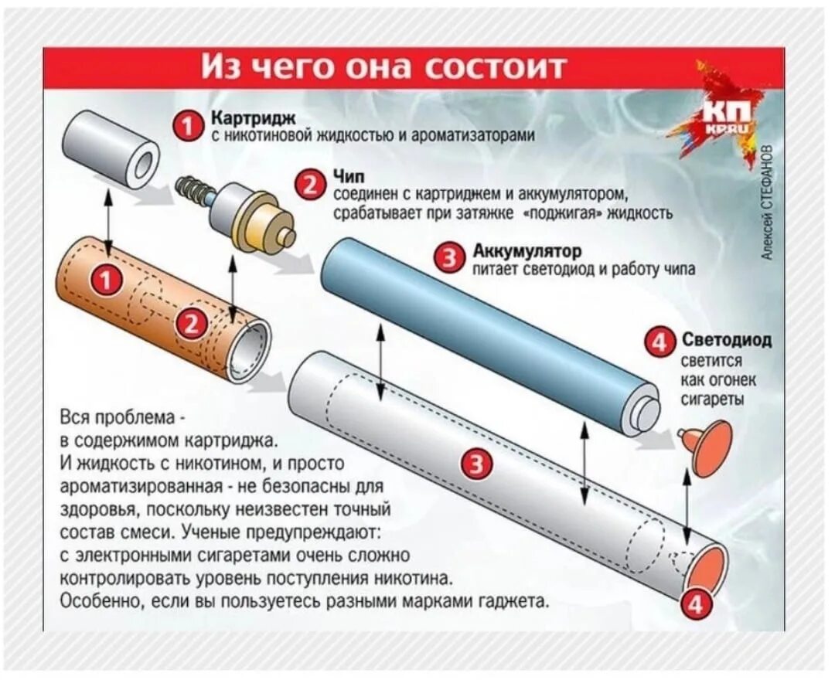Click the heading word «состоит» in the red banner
coord(495,67)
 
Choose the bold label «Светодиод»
coord(726,339)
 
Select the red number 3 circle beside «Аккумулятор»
coord(450,258)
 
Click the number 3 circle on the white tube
coord(476,464)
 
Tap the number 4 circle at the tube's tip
coord(696,605)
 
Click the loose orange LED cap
coord(708,448)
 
